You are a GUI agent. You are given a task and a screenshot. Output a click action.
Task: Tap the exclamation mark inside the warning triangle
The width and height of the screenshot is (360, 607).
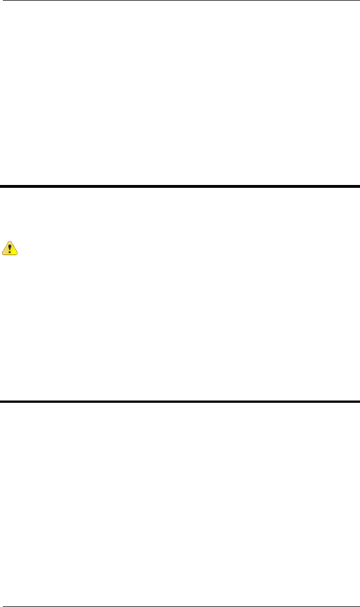click(x=11, y=248)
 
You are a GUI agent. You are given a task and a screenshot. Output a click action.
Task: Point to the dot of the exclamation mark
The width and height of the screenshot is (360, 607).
click(x=11, y=252)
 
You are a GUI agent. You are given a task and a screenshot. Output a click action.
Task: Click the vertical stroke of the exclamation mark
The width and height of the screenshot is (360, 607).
click(x=11, y=246)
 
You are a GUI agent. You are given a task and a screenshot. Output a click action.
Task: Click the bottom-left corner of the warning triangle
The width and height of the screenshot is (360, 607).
click(x=4, y=254)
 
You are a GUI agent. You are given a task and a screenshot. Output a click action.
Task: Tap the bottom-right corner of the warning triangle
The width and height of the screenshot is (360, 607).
click(x=18, y=254)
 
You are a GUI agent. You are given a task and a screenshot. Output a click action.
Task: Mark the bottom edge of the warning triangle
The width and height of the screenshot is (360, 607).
click(x=11, y=254)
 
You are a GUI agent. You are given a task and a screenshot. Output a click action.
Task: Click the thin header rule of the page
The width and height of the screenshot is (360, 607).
click(x=180, y=1)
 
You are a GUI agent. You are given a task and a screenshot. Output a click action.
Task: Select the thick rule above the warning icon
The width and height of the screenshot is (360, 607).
click(x=180, y=186)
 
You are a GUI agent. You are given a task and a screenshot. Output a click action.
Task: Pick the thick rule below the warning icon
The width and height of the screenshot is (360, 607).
click(x=180, y=402)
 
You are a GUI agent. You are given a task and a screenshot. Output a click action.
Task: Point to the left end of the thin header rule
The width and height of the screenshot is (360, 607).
click(x=1, y=1)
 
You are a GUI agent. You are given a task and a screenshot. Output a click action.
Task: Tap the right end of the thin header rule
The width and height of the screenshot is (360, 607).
click(x=359, y=1)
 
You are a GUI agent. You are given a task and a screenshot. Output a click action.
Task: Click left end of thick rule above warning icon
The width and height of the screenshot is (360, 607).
click(x=1, y=186)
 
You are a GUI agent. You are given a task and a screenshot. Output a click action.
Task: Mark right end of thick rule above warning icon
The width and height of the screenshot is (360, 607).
click(x=359, y=186)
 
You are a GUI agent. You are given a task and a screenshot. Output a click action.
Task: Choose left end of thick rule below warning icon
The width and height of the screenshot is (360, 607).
click(x=1, y=402)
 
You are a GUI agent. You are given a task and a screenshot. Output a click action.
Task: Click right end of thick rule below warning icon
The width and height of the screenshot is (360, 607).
click(x=359, y=402)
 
